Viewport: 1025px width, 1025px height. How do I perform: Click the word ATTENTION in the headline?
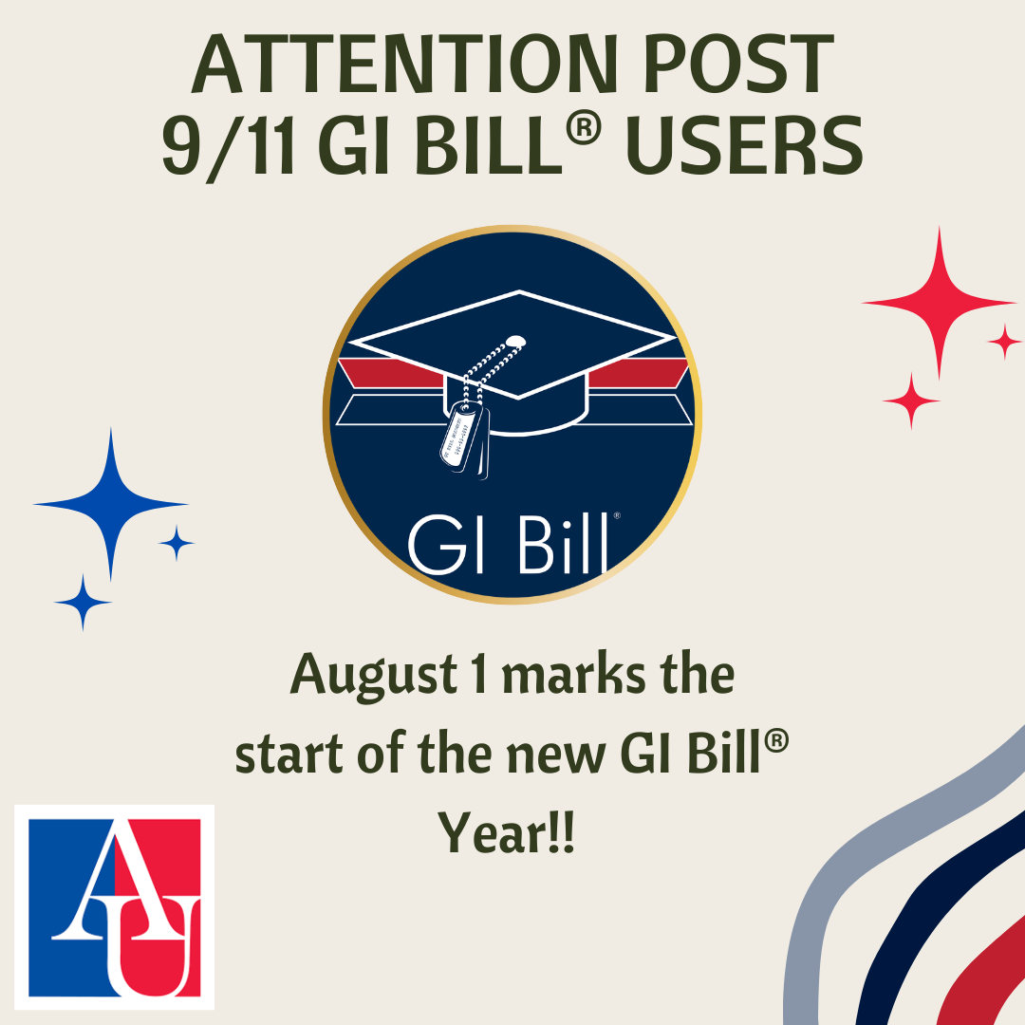404,64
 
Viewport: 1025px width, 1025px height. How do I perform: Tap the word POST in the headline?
739,64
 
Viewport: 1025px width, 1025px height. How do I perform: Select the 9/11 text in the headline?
228,146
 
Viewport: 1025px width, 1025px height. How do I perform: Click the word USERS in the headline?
745,146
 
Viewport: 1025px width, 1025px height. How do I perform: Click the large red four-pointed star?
939,303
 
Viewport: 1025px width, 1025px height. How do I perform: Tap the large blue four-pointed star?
111,504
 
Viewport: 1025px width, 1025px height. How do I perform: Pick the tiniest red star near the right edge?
1004,342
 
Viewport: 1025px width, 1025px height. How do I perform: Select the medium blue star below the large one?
83,602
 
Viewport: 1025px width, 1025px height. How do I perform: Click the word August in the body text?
374,676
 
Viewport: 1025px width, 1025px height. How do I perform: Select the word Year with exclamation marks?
505,831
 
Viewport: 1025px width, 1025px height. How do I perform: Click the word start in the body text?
289,754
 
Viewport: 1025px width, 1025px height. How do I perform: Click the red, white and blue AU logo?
115,906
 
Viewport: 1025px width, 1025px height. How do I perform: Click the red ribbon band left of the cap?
390,373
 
